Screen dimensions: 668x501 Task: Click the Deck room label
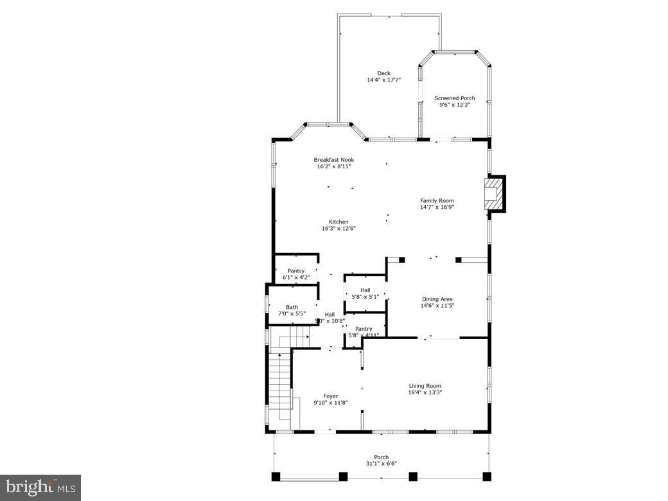click(383, 73)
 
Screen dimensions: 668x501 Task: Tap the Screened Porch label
click(455, 98)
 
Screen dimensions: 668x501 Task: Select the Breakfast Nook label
click(333, 160)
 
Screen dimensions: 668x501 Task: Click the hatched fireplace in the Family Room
click(493, 193)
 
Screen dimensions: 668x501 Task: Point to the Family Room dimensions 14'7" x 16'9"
click(437, 207)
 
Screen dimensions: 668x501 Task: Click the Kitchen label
click(338, 222)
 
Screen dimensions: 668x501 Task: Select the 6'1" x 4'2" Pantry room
click(296, 274)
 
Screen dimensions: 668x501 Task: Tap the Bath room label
click(292, 307)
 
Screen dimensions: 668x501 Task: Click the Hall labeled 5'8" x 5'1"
click(365, 294)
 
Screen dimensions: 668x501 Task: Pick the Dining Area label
click(437, 299)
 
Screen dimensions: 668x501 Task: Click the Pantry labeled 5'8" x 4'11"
click(364, 332)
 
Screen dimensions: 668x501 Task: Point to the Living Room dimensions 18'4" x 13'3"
click(425, 392)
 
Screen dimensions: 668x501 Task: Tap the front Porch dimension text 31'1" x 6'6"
click(382, 464)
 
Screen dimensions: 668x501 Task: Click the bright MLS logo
click(40, 487)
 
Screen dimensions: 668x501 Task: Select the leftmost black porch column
click(276, 477)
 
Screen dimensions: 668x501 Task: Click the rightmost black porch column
click(487, 477)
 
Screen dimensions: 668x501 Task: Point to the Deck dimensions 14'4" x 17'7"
click(383, 80)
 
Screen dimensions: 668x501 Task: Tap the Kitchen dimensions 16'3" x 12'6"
click(338, 229)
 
